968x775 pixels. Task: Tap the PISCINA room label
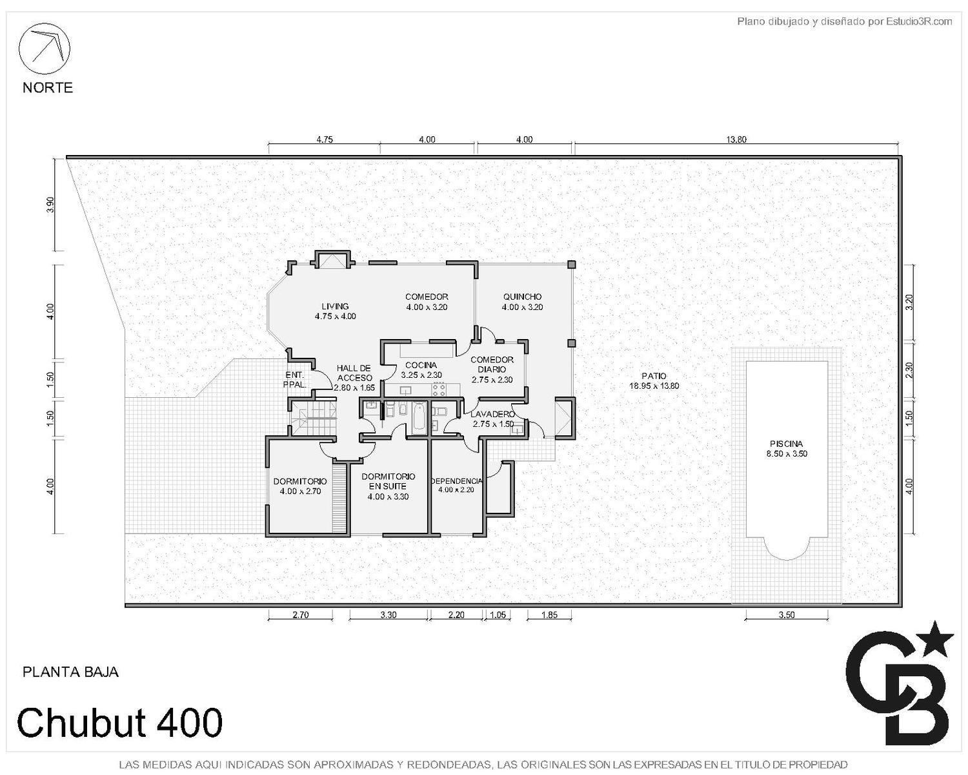point(786,444)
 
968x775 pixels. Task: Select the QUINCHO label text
point(522,297)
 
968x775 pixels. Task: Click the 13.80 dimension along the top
point(736,139)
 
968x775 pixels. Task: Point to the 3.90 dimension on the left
point(50,205)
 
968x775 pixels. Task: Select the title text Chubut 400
point(119,722)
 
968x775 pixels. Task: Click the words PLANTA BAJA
point(70,672)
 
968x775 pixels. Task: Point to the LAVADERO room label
point(492,414)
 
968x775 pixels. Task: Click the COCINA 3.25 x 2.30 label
point(421,369)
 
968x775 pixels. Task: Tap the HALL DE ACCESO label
point(354,373)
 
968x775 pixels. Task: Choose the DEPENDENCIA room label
point(456,481)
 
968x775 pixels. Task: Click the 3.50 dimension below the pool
point(786,615)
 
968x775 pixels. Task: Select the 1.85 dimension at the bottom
point(549,615)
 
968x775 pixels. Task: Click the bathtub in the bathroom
point(419,417)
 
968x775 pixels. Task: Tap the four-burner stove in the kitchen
point(439,389)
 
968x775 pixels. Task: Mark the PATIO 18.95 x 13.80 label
point(654,381)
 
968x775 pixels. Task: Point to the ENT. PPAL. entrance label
point(295,380)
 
